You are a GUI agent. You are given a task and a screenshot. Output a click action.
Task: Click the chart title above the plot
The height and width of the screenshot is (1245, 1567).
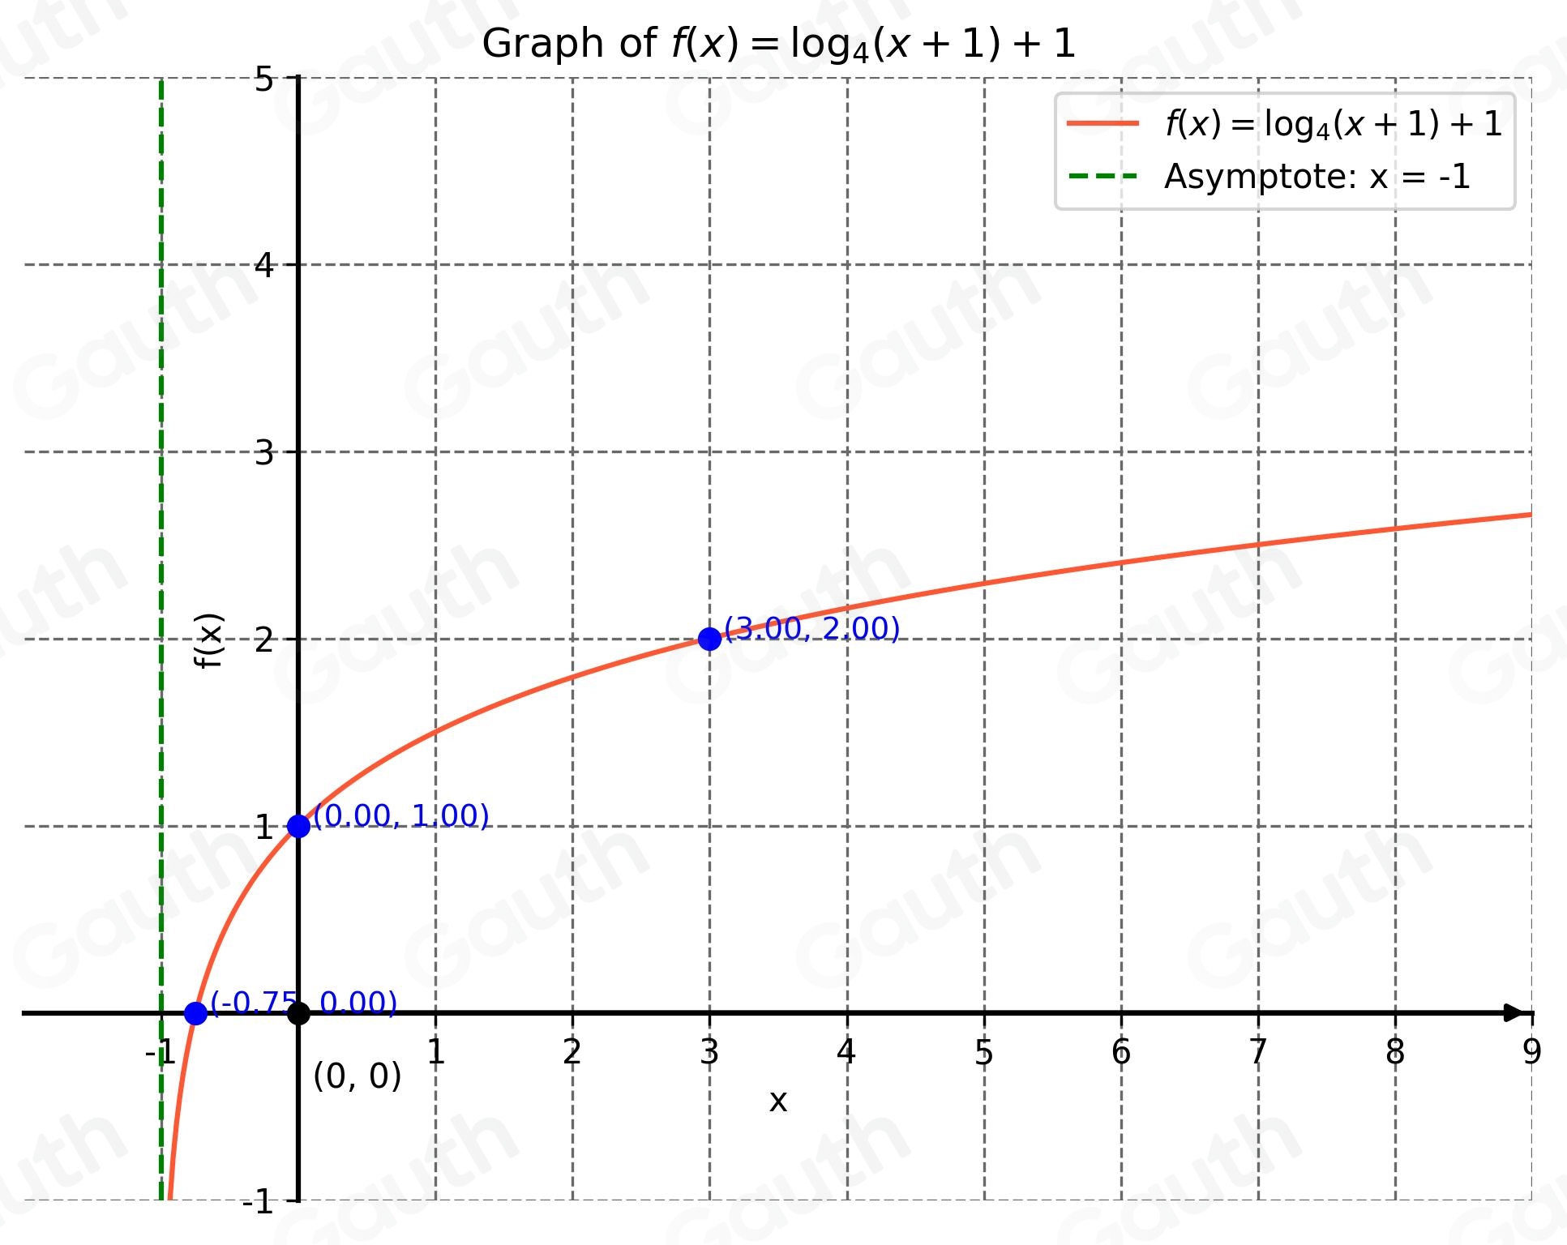pyautogui.click(x=778, y=44)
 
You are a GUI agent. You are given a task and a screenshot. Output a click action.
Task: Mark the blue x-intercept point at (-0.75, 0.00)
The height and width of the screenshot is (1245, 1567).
pyautogui.click(x=195, y=1013)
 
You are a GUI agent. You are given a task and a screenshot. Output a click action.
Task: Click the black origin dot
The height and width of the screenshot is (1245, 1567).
pyautogui.click(x=298, y=1013)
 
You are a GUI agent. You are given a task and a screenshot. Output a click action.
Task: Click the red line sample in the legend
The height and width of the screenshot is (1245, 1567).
pyautogui.click(x=1102, y=123)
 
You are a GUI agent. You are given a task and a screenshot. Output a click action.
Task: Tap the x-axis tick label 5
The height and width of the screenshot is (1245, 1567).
pyautogui.click(x=983, y=1052)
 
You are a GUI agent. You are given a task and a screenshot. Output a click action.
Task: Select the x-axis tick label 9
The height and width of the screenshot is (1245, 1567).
pyautogui.click(x=1531, y=1052)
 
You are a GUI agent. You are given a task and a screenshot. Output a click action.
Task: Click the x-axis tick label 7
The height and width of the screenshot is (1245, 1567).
pyautogui.click(x=1257, y=1052)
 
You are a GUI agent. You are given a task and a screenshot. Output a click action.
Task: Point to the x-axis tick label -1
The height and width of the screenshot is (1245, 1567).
pyautogui.click(x=160, y=1052)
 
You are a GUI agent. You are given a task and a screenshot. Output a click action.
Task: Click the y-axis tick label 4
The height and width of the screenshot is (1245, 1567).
pyautogui.click(x=264, y=265)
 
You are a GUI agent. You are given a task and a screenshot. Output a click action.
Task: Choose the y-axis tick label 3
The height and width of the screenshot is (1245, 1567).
pyautogui.click(x=264, y=452)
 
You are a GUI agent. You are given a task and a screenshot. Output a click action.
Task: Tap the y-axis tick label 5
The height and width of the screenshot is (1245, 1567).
pyautogui.click(x=264, y=80)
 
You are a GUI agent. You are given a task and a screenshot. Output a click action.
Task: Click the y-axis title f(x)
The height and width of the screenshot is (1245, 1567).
pyautogui.click(x=209, y=640)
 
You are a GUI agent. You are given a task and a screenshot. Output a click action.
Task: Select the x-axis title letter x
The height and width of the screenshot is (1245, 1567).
pyautogui.click(x=777, y=1101)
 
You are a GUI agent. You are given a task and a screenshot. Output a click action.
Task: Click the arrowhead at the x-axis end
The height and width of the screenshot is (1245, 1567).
pyautogui.click(x=1513, y=1013)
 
